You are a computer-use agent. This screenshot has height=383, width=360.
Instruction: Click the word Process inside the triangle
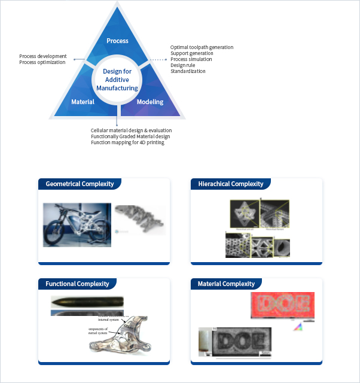[117, 41]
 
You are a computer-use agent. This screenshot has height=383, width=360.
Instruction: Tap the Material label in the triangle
[83, 102]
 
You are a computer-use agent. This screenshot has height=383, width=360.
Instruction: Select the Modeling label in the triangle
[150, 102]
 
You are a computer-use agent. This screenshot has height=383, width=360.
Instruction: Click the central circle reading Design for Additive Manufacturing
[117, 80]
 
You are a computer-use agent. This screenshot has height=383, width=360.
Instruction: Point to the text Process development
[43, 56]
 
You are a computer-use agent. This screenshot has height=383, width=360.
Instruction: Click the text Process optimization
[42, 62]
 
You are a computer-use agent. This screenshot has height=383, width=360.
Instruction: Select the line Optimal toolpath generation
[202, 47]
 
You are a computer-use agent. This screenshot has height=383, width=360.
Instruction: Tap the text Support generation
[191, 53]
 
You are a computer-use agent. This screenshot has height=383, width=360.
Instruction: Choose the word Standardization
[188, 71]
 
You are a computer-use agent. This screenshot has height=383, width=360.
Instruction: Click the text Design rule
[183, 65]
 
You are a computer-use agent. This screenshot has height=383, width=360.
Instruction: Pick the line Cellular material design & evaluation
[131, 130]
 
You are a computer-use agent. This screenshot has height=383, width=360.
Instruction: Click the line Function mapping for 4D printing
[127, 142]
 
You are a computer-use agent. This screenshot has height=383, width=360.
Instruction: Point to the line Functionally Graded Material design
[130, 136]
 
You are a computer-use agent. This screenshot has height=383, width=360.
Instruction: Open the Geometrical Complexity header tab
[80, 184]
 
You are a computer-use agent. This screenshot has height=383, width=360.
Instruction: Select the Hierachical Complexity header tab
[230, 184]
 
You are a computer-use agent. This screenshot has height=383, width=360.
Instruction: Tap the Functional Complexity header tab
[77, 284]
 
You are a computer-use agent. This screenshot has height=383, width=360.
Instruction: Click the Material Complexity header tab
[226, 284]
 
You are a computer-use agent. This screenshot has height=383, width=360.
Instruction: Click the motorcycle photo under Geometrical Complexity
[77, 225]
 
